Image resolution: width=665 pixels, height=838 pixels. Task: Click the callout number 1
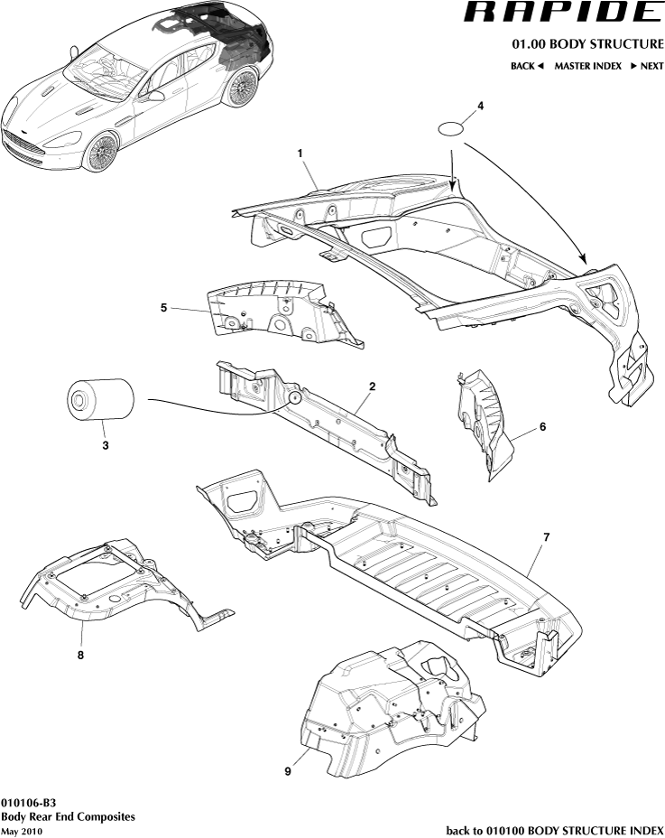click(x=300, y=154)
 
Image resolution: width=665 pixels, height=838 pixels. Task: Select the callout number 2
click(x=372, y=386)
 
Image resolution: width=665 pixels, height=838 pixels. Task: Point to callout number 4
click(x=480, y=106)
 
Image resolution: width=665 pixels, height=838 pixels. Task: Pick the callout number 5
click(x=163, y=308)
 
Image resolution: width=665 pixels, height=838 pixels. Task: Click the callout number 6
click(x=542, y=427)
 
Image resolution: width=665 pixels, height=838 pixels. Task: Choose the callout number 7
click(x=546, y=537)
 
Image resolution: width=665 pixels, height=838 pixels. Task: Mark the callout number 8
click(x=80, y=656)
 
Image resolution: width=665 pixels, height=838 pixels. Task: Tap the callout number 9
click(x=288, y=771)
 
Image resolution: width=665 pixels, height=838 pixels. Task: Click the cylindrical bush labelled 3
click(x=101, y=401)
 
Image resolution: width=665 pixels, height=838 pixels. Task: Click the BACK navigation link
click(x=527, y=66)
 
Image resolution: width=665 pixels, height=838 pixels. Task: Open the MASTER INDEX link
click(x=587, y=66)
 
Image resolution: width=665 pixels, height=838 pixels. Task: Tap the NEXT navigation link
click(x=646, y=66)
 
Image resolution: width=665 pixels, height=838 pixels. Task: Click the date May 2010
click(x=22, y=831)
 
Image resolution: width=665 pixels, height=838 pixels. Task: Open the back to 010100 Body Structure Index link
click(x=555, y=830)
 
